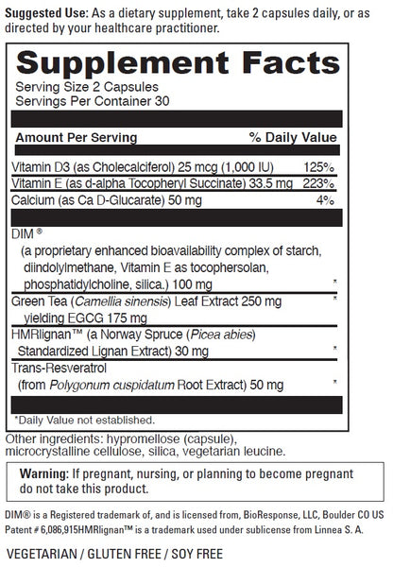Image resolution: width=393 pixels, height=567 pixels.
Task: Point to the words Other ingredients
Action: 50,439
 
